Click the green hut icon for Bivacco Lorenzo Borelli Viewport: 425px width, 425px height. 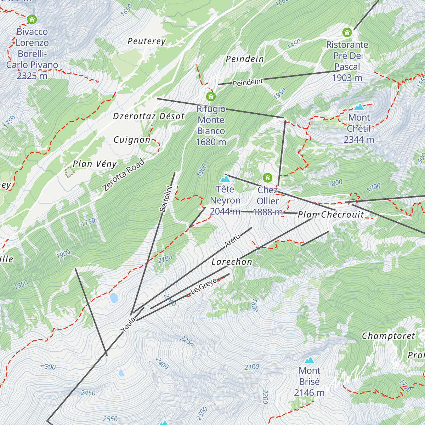coord(32,19)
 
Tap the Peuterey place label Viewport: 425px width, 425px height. coord(146,41)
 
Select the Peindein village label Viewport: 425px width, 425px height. coord(245,59)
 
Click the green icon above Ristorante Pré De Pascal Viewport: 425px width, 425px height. coord(347,33)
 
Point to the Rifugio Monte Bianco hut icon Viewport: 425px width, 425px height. coord(211,96)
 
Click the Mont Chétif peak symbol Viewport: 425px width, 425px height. coord(359,107)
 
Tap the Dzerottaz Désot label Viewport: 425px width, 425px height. coord(149,117)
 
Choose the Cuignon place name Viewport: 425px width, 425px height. coord(132,140)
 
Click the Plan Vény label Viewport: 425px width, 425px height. coord(95,164)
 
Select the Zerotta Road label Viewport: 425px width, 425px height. coord(124,175)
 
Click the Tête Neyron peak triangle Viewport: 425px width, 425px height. coord(225,179)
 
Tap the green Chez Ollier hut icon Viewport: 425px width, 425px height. coord(267,177)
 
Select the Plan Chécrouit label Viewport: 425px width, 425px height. coord(331,215)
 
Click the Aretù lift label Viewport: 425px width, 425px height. coord(233,240)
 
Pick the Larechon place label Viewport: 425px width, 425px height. coord(232,262)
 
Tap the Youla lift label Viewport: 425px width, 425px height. coord(128,325)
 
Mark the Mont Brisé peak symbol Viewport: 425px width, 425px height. coord(310,360)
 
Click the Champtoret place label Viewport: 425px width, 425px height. coord(388,336)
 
